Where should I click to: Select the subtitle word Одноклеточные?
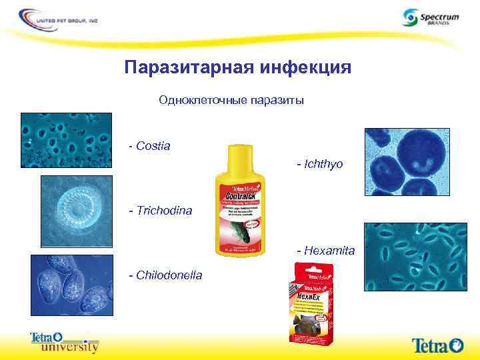tap(202, 100)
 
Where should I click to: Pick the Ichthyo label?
tap(320, 163)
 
